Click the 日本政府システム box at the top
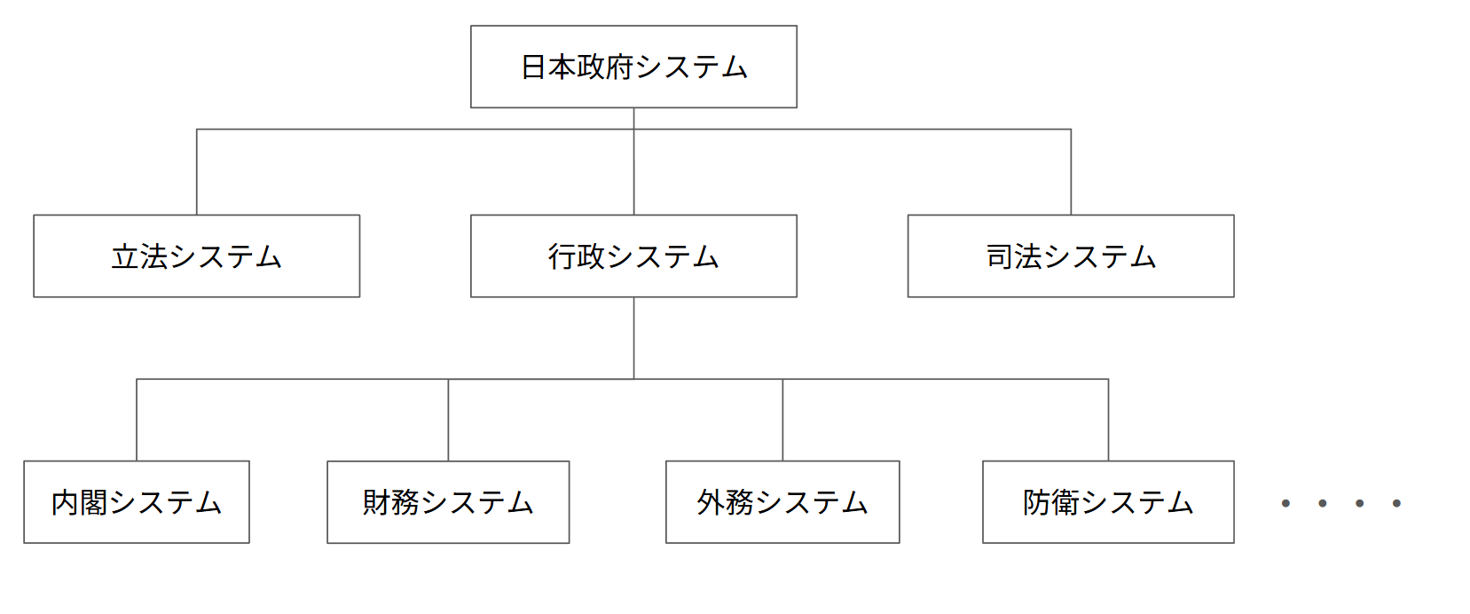633,67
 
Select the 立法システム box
196,256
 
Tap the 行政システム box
633,256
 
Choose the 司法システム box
1071,256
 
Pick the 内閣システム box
137,502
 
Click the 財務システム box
448,502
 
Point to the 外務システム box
782,502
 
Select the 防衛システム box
1108,502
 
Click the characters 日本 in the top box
548,67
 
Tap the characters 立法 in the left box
139,256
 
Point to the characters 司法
1014,256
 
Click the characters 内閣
80,503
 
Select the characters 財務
391,503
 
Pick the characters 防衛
1051,503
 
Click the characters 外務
726,503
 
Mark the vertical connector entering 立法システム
197,172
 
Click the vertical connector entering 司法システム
1071,172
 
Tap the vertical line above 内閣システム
137,420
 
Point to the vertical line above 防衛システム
1108,420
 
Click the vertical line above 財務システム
448,420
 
